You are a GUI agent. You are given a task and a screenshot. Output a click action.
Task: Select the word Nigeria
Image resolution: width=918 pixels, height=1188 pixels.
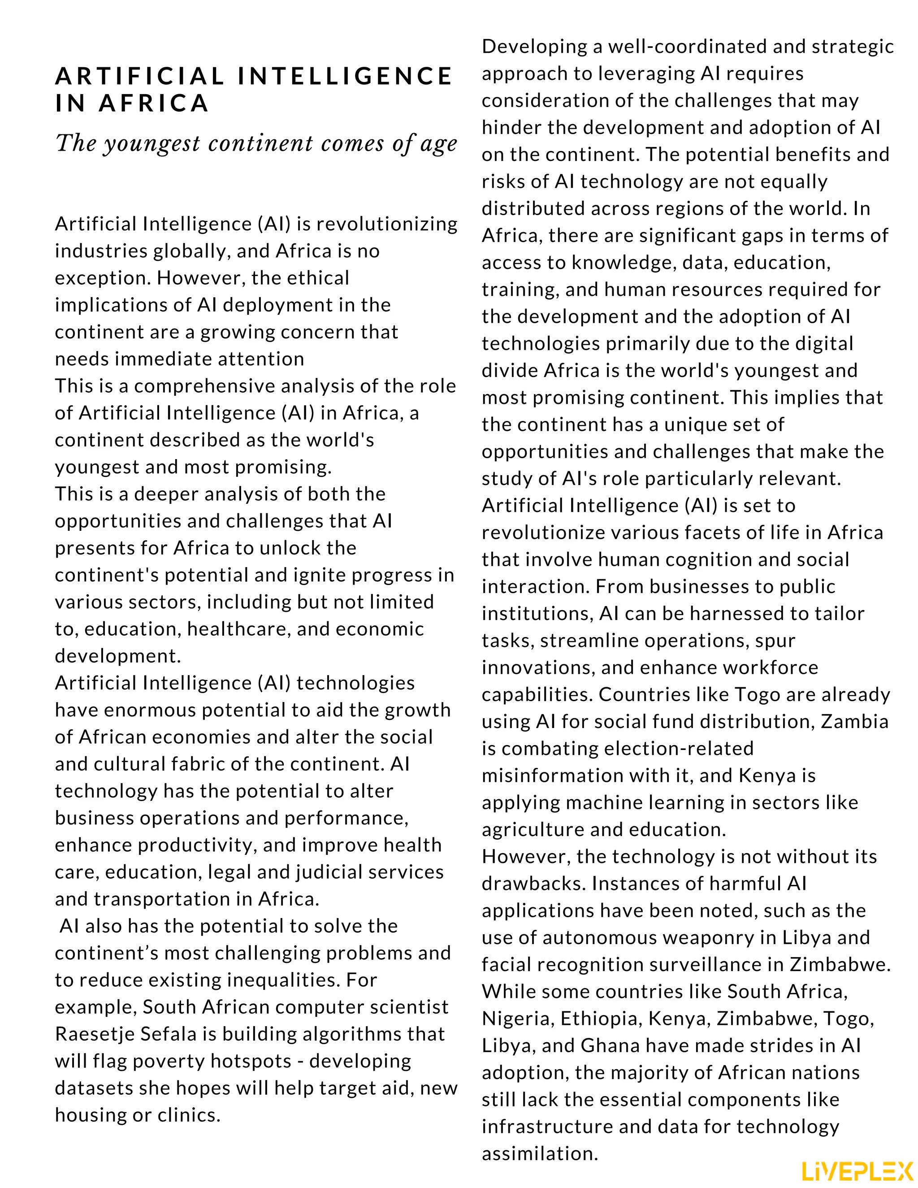tap(517, 1018)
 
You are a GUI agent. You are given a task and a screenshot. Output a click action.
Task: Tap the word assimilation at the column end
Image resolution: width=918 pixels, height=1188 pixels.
tap(540, 1153)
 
